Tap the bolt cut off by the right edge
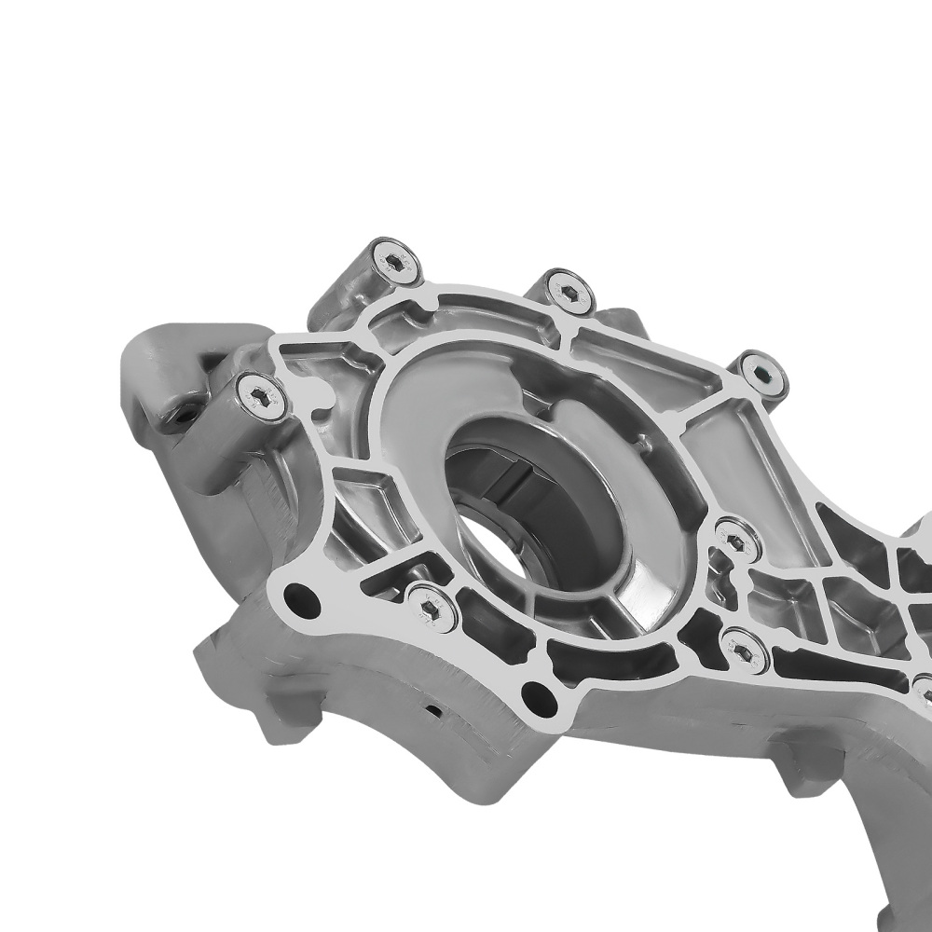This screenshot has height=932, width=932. coord(923,690)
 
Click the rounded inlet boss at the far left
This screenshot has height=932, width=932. coord(163,373)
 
